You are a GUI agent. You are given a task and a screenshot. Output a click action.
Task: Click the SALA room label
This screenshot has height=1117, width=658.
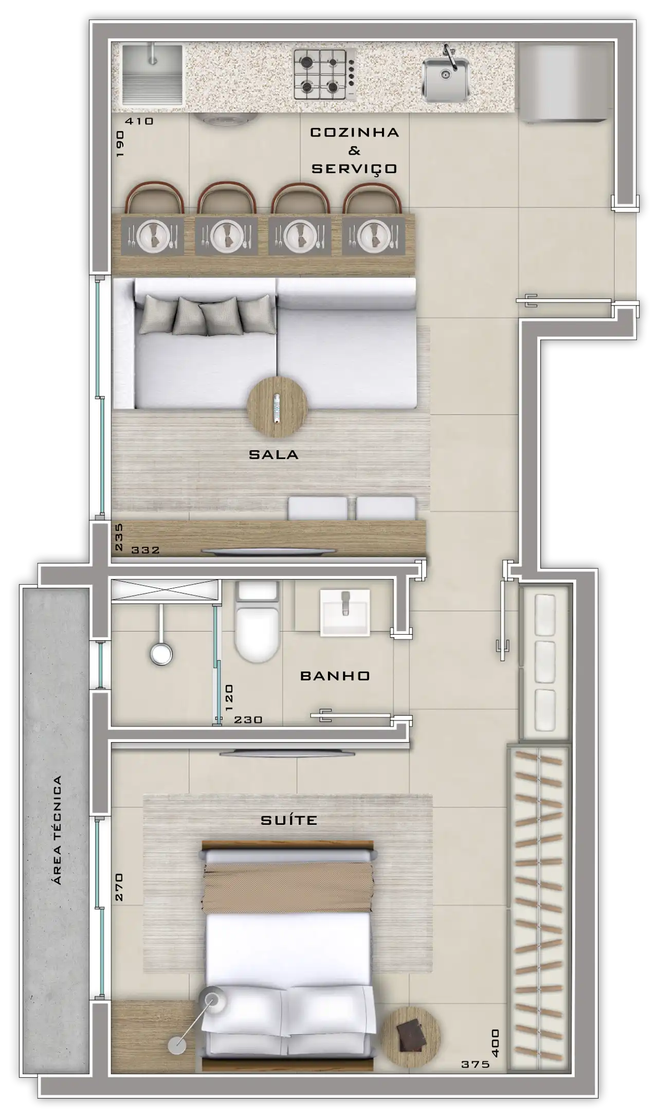tap(273, 455)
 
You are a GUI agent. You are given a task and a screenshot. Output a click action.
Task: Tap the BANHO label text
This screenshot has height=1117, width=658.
tap(335, 676)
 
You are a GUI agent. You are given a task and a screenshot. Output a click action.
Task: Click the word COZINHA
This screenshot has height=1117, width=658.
tap(355, 132)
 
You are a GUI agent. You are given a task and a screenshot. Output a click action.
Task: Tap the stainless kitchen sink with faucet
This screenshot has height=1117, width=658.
tap(446, 78)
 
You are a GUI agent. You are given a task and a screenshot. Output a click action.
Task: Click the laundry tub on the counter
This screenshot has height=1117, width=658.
tap(153, 75)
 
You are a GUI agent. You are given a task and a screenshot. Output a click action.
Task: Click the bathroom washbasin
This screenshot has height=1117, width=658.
tap(344, 612)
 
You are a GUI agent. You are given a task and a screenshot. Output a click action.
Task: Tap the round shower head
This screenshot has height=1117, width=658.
tap(161, 654)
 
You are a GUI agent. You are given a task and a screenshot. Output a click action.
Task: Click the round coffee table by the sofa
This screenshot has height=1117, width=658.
tap(278, 407)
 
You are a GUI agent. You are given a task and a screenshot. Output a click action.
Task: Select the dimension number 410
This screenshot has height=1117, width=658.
tap(139, 121)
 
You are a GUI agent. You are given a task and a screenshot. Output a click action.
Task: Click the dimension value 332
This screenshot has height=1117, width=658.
tap(145, 550)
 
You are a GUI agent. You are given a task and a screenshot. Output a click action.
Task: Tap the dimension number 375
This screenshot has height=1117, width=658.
tap(476, 1065)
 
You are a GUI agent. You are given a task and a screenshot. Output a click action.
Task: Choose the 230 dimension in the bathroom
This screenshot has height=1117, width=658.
tap(248, 720)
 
